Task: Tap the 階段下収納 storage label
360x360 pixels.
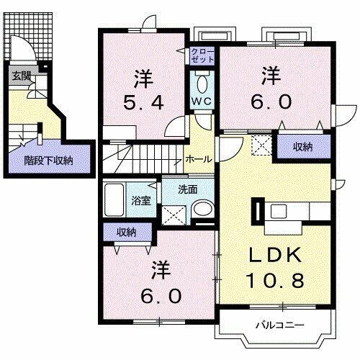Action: point(48,161)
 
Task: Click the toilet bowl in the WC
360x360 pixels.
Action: point(200,80)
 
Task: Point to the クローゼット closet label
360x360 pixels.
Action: point(201,55)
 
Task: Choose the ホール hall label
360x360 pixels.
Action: point(198,159)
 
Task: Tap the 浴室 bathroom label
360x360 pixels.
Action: point(140,200)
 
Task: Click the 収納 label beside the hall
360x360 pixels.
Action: point(302,147)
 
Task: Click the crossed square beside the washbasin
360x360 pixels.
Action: point(173,214)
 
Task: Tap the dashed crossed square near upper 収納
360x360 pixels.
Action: point(261,146)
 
